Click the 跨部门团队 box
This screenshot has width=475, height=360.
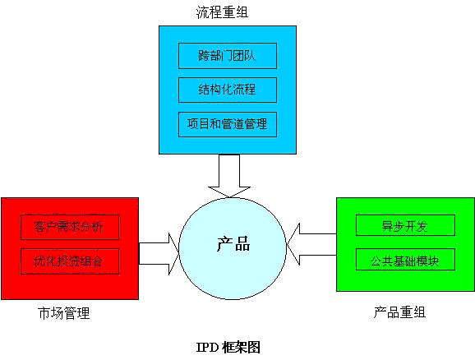[x=228, y=56]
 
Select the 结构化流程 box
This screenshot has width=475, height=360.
[x=228, y=90]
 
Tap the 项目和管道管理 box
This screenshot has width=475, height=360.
[x=228, y=124]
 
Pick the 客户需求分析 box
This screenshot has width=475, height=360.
[x=70, y=227]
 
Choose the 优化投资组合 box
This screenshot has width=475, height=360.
[x=70, y=261]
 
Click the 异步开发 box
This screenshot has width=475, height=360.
[x=405, y=225]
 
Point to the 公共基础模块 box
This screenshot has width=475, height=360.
[x=405, y=260]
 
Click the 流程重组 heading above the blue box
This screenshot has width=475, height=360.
[x=223, y=12]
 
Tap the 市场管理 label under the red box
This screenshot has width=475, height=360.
[x=64, y=313]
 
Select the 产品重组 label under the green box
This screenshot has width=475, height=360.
[x=399, y=312]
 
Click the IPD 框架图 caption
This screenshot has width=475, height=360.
[x=228, y=348]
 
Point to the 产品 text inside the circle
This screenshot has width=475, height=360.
[x=233, y=244]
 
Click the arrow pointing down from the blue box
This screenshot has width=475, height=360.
[x=229, y=176]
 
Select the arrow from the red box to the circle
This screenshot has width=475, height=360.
[x=159, y=253]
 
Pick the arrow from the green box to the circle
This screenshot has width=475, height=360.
[x=311, y=244]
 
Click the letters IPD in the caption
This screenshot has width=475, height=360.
[x=208, y=348]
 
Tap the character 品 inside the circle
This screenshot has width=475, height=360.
[x=242, y=244]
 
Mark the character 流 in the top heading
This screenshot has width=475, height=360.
[x=202, y=12]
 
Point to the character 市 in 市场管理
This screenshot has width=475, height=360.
[x=44, y=313]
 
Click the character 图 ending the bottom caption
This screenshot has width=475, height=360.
[x=254, y=348]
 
